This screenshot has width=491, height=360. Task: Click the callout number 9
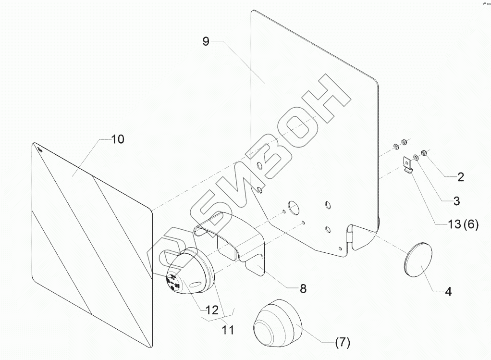pyautogui.click(x=206, y=41)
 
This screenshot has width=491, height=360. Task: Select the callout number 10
pyautogui.click(x=118, y=139)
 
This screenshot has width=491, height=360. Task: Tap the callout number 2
pyautogui.click(x=460, y=177)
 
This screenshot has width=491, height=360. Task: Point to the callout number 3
pyautogui.click(x=456, y=200)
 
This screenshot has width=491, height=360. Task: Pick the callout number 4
pyautogui.click(x=448, y=291)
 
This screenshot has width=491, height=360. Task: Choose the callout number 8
pyautogui.click(x=303, y=288)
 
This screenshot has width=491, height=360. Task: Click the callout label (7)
pyautogui.click(x=343, y=343)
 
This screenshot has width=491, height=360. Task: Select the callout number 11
pyautogui.click(x=228, y=330)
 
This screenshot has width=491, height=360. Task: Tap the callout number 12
pyautogui.click(x=210, y=310)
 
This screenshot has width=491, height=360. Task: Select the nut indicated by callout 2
pyautogui.click(x=425, y=153)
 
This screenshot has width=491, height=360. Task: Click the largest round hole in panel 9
pyautogui.click(x=293, y=207)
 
